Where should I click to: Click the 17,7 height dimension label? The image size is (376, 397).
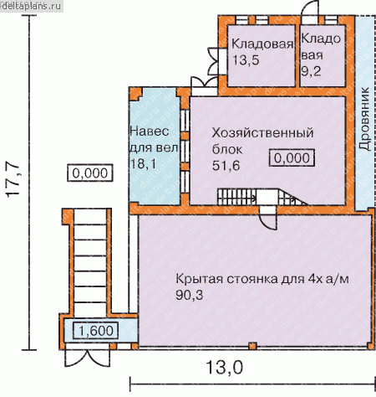click(x=13, y=182)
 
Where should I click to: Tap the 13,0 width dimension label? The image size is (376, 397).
click(x=225, y=367)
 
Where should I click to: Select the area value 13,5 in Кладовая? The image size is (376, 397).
click(x=246, y=59)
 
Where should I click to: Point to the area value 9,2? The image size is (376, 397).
click(x=311, y=71)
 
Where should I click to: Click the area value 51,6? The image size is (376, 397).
click(x=226, y=166)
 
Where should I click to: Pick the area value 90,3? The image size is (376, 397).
click(x=190, y=295)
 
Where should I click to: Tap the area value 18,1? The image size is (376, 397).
click(x=144, y=163)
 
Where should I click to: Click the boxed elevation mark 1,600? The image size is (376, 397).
click(x=95, y=331)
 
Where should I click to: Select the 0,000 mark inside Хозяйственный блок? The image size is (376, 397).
click(x=292, y=158)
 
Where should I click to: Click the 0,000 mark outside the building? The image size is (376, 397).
click(x=90, y=173)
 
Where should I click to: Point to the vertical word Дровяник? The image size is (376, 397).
click(x=364, y=119)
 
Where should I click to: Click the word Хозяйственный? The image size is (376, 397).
click(x=262, y=133)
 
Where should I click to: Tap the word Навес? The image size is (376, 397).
click(x=150, y=131)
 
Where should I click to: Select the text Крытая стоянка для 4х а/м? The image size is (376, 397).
click(x=262, y=279)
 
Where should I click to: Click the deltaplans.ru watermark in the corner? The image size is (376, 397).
click(x=31, y=6)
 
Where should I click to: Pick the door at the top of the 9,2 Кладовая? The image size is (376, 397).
click(x=310, y=9)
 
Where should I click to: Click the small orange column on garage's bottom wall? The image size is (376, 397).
click(x=252, y=345)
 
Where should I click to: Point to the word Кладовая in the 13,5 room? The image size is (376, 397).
click(x=262, y=44)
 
